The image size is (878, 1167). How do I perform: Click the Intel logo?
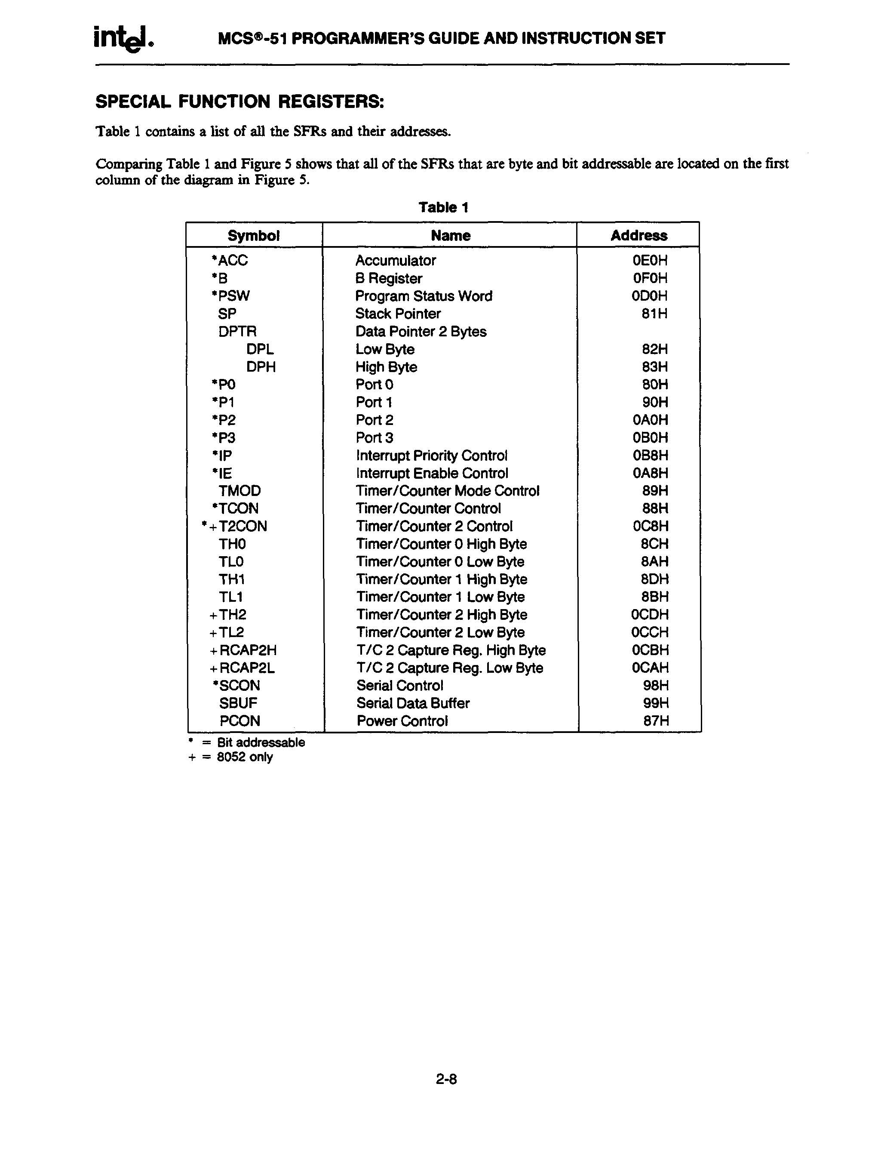pos(124,38)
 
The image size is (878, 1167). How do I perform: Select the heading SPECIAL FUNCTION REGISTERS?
pos(239,101)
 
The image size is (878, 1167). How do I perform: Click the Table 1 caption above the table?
pos(443,207)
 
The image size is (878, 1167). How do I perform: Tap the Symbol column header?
pos(253,235)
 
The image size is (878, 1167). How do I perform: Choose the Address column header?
pos(639,235)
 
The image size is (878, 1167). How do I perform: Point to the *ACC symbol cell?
pos(230,260)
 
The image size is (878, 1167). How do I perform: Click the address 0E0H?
pos(650,260)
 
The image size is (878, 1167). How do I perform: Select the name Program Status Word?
pos(424,296)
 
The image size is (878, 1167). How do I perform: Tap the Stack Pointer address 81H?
pos(654,314)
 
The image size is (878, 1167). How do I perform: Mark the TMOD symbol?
pos(239,491)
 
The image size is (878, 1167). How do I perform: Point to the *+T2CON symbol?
pos(235,526)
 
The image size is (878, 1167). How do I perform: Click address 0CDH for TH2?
pos(650,615)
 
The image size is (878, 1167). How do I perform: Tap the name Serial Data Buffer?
pos(412,703)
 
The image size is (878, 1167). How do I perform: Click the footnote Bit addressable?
pos(261,742)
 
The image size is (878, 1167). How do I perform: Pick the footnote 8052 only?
pos(245,757)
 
